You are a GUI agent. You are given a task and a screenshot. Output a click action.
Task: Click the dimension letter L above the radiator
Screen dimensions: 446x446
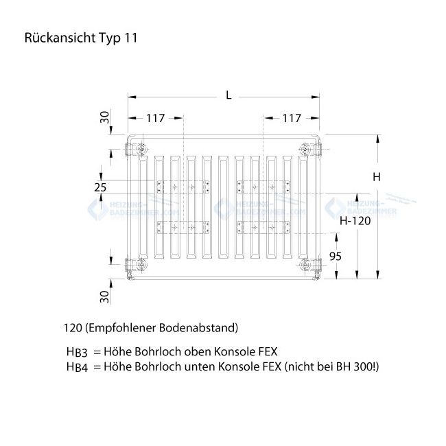(x=228, y=95)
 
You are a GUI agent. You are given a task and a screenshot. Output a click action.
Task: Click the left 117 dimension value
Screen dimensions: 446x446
(x=155, y=118)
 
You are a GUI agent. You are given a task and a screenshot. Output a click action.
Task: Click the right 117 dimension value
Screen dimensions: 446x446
(x=292, y=118)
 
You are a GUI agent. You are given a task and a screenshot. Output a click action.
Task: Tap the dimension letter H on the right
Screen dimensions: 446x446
(x=376, y=177)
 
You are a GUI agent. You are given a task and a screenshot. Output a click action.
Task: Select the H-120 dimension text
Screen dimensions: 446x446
(x=355, y=221)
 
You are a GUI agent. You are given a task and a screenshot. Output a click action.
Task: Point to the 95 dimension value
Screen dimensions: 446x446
(x=355, y=257)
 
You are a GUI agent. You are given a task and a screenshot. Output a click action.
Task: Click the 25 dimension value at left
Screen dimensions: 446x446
(x=101, y=187)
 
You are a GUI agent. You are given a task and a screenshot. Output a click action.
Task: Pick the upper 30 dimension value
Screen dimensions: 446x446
(x=104, y=117)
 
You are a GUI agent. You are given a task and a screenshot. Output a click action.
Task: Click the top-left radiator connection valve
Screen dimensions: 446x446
(x=140, y=149)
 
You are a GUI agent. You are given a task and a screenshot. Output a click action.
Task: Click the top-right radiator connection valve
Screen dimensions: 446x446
(x=305, y=149)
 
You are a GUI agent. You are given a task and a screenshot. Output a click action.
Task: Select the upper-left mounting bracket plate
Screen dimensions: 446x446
(x=183, y=187)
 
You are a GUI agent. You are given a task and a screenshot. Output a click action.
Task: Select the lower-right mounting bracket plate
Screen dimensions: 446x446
(x=263, y=227)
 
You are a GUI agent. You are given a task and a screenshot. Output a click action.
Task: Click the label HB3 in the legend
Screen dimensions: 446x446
(x=76, y=352)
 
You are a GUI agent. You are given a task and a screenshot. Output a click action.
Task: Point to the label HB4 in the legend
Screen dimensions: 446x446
(x=76, y=367)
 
